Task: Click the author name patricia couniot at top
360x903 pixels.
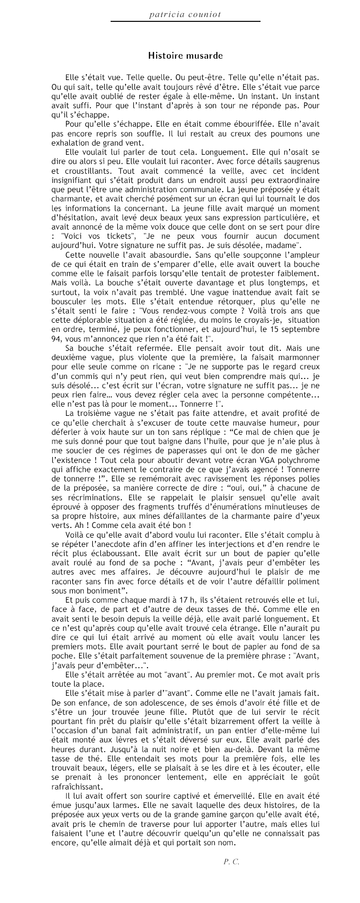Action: [x=185, y=15]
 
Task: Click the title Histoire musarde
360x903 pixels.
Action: [x=185, y=55]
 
